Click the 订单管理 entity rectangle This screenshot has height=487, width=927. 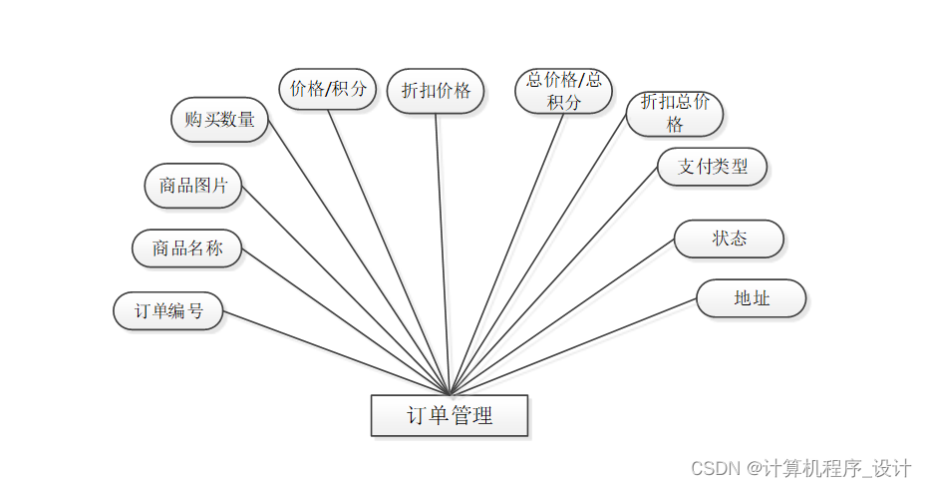click(x=449, y=415)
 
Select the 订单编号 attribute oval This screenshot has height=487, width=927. click(x=167, y=310)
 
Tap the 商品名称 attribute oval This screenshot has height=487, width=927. click(x=186, y=248)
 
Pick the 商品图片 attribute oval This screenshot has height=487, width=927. click(x=192, y=186)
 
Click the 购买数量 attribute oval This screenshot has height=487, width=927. click(x=219, y=120)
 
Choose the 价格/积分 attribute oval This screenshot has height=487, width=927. click(x=327, y=89)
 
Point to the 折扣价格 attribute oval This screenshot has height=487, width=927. click(x=436, y=91)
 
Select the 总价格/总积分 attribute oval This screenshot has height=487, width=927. click(x=563, y=91)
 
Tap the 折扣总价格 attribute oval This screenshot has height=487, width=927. click(x=675, y=114)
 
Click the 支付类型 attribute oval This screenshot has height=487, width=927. click(x=712, y=167)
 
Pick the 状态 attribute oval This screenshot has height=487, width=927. click(x=729, y=240)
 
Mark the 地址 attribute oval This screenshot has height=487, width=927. click(x=751, y=298)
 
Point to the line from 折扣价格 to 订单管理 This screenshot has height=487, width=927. click(x=443, y=249)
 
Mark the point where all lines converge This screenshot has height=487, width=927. click(x=451, y=393)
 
